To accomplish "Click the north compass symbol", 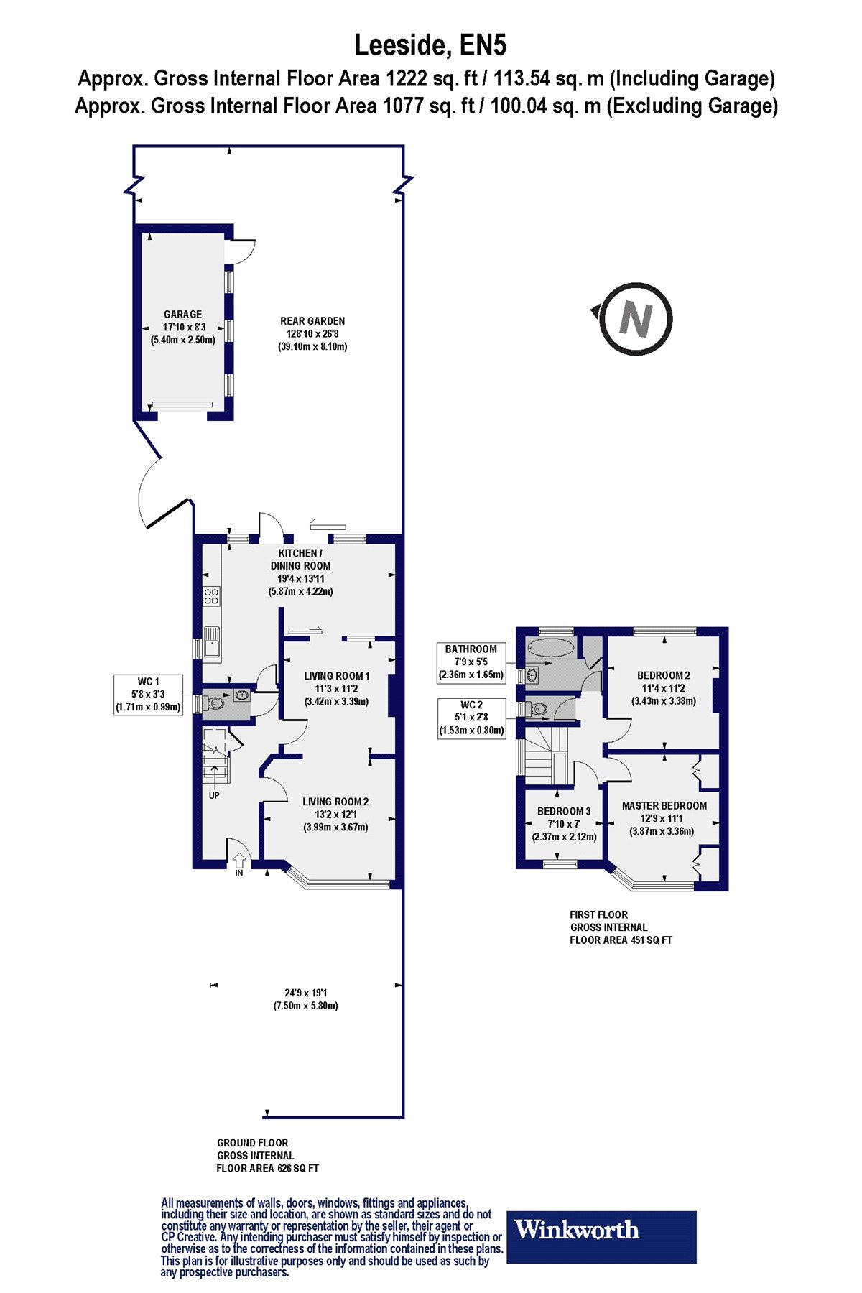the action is click(x=631, y=319).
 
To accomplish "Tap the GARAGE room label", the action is click(x=182, y=315).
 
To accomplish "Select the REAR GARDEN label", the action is click(x=312, y=321).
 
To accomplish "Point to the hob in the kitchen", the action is click(x=211, y=595).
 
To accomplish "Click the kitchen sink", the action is click(x=212, y=641).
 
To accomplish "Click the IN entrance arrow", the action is click(x=239, y=861).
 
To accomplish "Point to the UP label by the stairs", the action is click(x=214, y=795).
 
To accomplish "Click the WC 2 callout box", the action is click(x=471, y=718).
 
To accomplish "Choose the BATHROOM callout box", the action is click(x=471, y=662).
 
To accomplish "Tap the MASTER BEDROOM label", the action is click(x=664, y=806).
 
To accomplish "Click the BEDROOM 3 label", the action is click(x=564, y=812).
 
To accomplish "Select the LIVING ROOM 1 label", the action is click(x=336, y=676).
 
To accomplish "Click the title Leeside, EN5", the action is click(x=430, y=45).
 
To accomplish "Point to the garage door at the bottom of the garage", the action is click(x=182, y=404).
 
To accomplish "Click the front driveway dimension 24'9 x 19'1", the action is click(x=305, y=993).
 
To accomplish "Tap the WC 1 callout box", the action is click(x=149, y=695).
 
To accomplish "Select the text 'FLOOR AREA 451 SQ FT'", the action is click(x=621, y=940).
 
